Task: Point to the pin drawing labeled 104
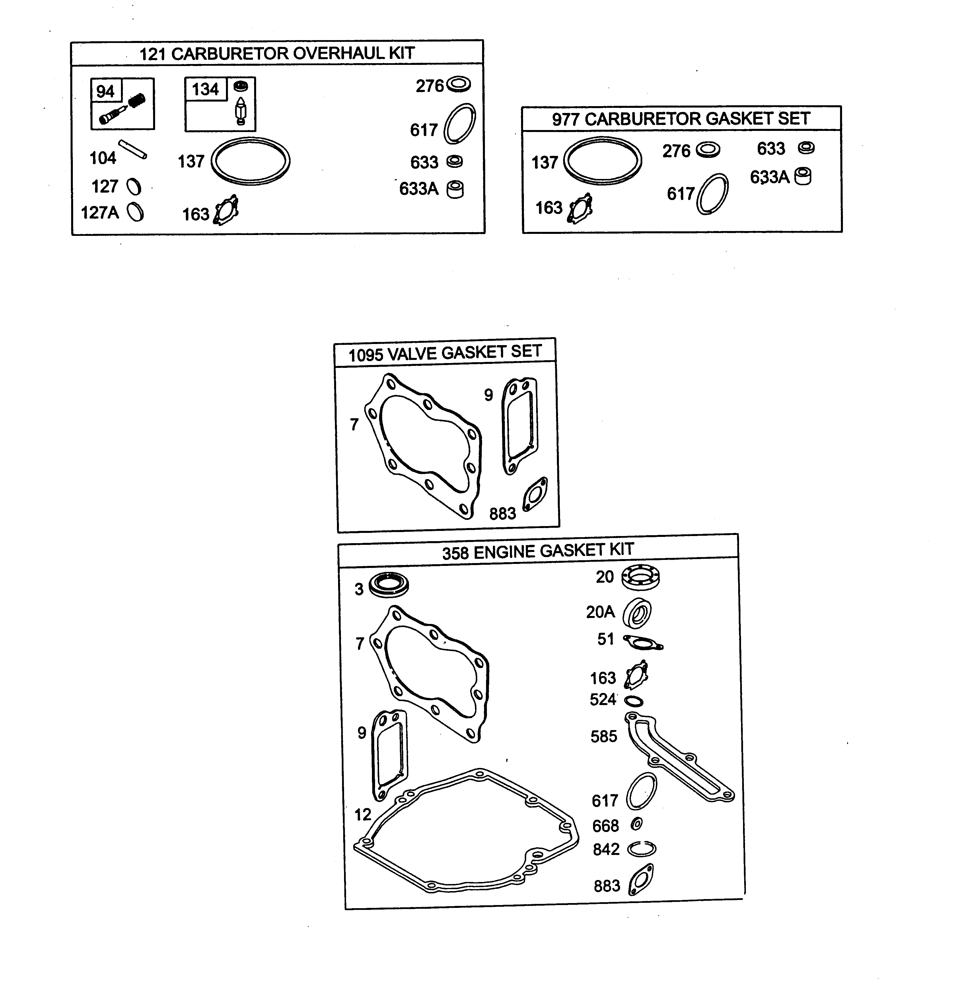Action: coord(133,150)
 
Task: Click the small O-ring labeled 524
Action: coord(634,701)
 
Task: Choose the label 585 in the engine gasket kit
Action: coord(604,736)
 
